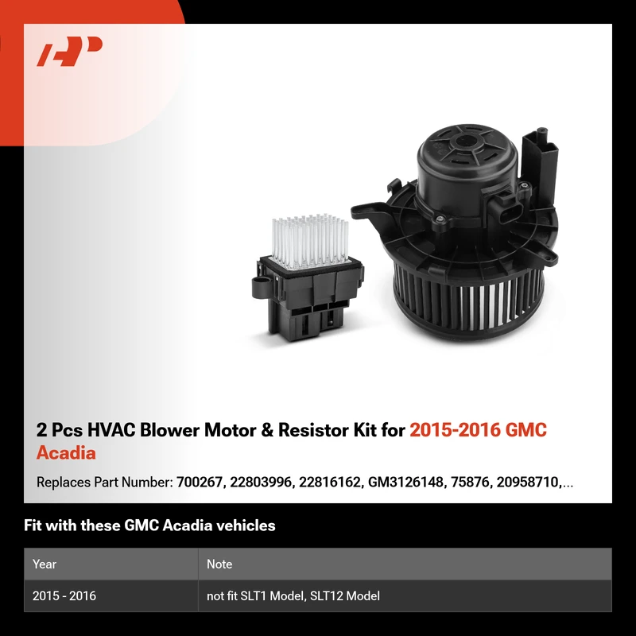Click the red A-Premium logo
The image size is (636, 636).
click(69, 51)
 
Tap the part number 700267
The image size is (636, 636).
click(200, 483)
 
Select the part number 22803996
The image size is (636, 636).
click(261, 483)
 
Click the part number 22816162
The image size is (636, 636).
click(329, 483)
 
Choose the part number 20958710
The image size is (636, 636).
click(527, 483)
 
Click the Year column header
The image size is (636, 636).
click(45, 564)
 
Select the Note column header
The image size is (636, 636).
click(219, 564)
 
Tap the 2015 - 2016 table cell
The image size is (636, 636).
click(64, 595)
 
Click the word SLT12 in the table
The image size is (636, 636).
click(326, 595)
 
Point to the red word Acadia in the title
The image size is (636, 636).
click(66, 453)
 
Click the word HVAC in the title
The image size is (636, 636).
click(111, 430)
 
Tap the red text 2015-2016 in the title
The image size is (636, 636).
click(455, 430)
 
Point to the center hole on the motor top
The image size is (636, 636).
click(467, 142)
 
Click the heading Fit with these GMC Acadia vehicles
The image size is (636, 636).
click(149, 525)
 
